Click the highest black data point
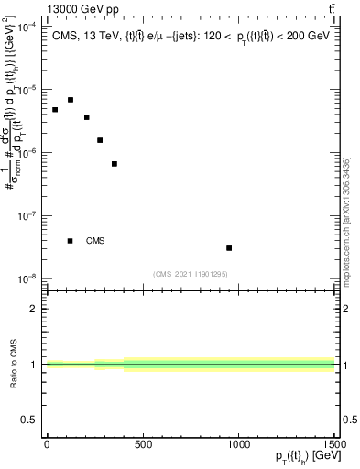point(71,100)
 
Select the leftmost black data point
point(55,110)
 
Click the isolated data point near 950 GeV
point(229,248)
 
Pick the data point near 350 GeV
point(115,164)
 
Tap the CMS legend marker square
point(71,241)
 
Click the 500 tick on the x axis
point(143,443)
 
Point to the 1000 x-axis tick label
point(238,443)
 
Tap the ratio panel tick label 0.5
point(29,420)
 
